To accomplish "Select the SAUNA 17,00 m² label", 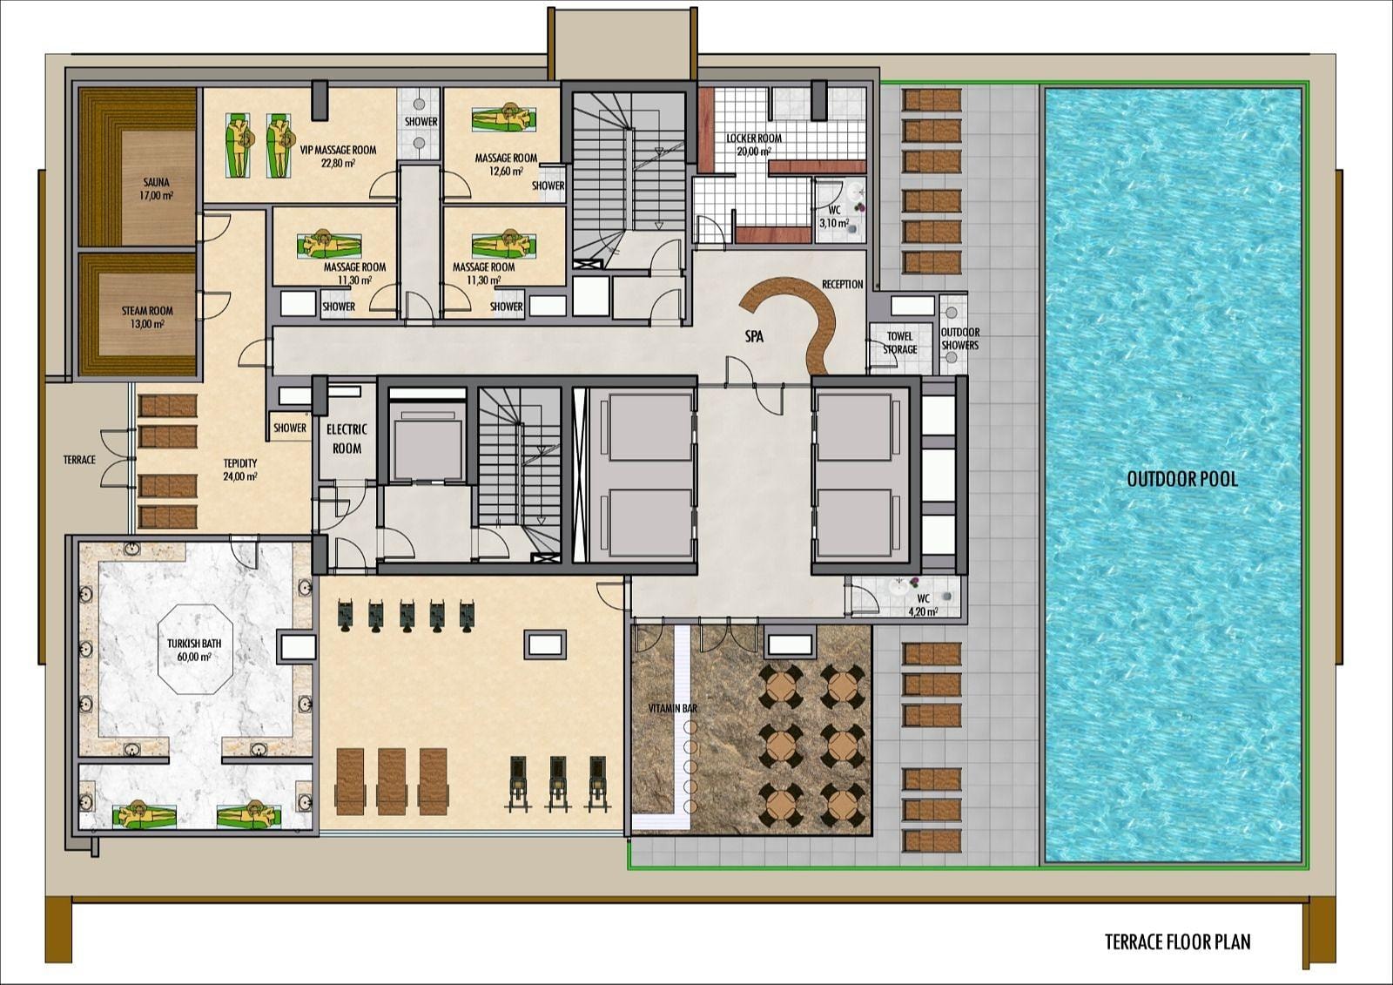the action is click(156, 188).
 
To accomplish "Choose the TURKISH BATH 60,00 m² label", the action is click(194, 651).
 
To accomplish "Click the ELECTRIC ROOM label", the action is click(347, 439).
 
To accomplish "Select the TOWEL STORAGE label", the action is click(900, 343).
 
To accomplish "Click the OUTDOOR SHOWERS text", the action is click(959, 339).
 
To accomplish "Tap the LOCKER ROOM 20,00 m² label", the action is click(754, 145).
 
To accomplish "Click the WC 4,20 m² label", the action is click(923, 604).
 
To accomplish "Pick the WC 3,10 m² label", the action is click(834, 217).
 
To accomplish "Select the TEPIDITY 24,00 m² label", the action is click(240, 469).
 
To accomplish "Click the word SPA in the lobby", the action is click(754, 337).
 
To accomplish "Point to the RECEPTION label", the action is click(843, 285).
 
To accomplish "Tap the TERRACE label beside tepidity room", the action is click(79, 460).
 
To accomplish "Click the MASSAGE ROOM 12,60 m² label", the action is click(506, 165).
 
